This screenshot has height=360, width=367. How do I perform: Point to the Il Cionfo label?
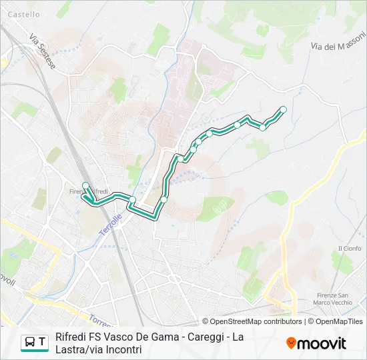point(349,249)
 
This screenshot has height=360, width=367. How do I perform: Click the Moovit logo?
point(316,343)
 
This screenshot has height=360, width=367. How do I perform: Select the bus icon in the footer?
point(30,343)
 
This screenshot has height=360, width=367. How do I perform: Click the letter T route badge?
point(43,343)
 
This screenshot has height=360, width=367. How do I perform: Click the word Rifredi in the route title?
point(71,337)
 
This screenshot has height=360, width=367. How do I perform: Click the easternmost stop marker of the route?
point(283,109)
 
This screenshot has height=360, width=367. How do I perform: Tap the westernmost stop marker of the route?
point(85,185)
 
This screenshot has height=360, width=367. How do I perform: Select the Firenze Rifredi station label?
point(88,192)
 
